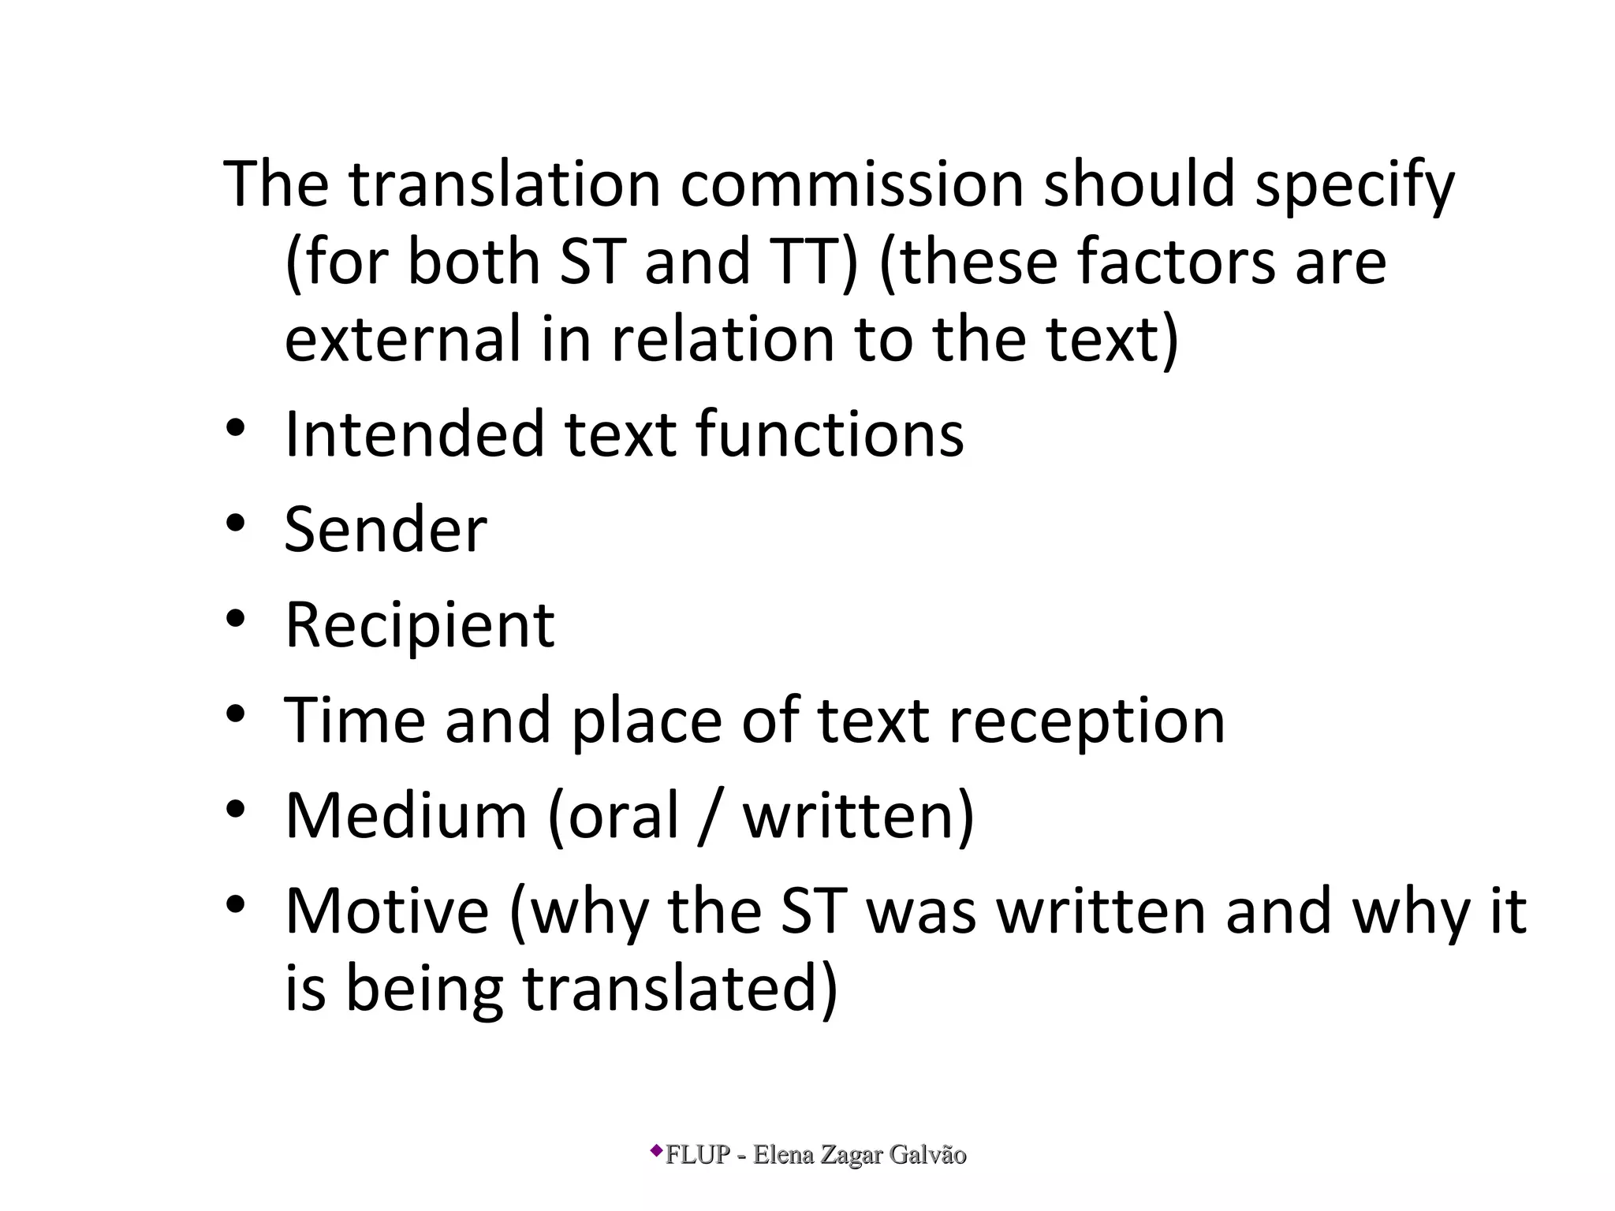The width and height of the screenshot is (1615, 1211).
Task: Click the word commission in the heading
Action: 852,184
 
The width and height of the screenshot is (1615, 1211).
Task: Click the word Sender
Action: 386,529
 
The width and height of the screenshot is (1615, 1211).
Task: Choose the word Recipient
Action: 420,625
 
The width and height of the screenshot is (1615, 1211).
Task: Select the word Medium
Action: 405,816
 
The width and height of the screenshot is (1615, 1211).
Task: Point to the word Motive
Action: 387,911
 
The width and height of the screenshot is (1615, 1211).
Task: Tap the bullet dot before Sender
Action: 236,524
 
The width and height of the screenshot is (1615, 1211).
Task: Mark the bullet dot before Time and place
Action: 236,714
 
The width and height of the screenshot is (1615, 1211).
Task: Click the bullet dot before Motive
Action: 236,905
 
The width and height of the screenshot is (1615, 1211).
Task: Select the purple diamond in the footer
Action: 656,1151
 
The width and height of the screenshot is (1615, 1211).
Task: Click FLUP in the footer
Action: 698,1155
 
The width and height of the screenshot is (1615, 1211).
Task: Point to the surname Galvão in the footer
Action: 927,1155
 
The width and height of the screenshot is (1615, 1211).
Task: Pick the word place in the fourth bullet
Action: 646,721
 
